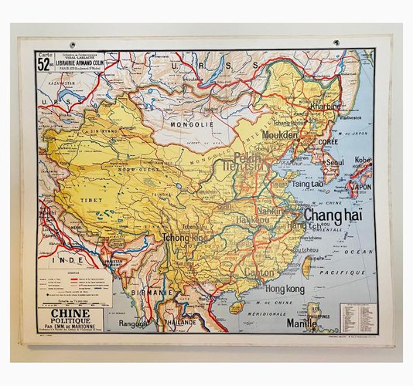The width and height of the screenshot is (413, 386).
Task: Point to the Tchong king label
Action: click(x=185, y=239)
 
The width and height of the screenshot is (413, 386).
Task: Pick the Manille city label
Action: click(x=302, y=324)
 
